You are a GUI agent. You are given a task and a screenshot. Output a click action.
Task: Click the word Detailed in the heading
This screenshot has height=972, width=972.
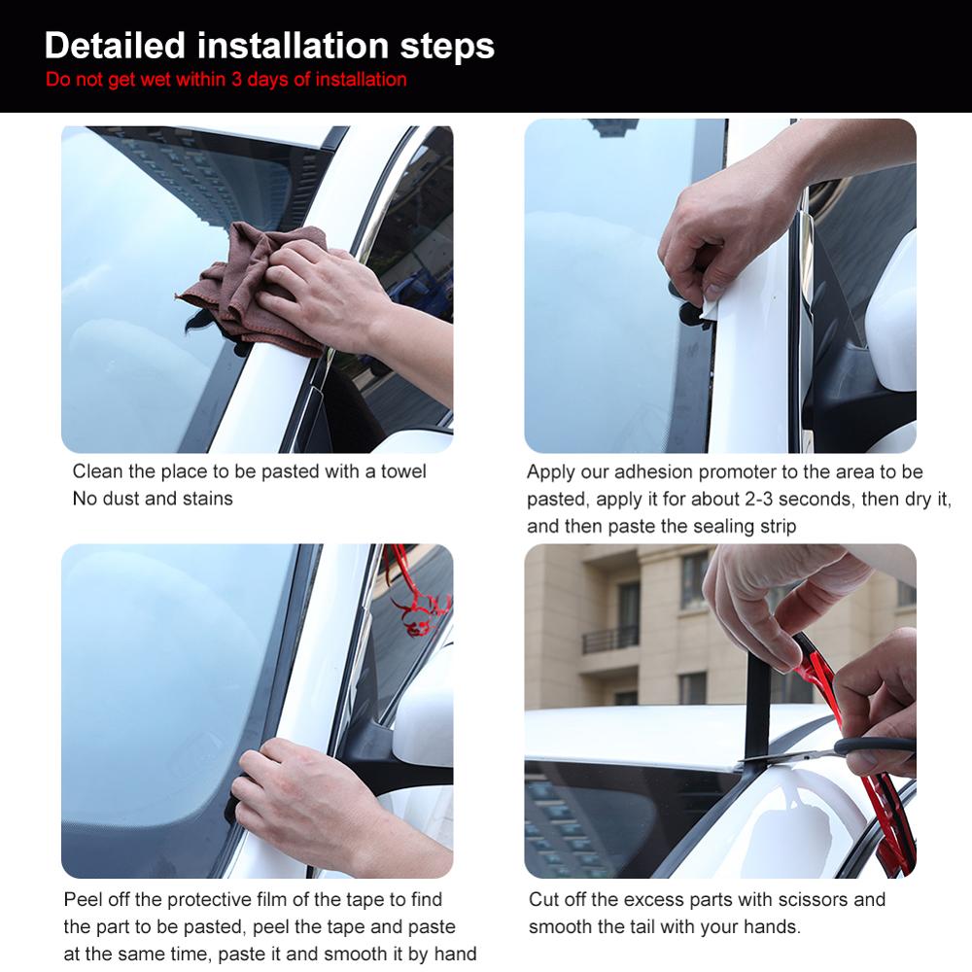pos(115,45)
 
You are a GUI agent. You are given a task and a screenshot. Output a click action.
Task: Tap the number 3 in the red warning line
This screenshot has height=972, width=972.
pos(237,80)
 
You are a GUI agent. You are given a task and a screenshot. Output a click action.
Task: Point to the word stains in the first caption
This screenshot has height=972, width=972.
pos(208,499)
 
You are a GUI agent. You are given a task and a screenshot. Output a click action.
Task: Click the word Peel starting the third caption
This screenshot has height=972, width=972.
pos(82,900)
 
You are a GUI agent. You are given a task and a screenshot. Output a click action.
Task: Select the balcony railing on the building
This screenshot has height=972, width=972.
pos(610,639)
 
